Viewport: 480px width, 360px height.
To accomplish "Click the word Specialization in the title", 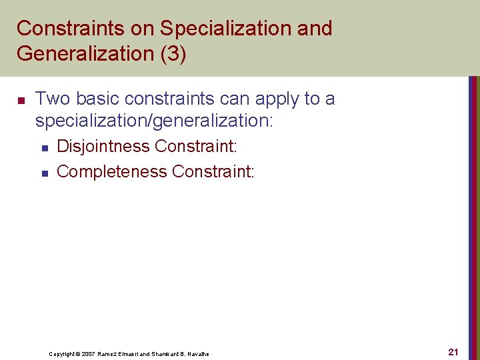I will [221, 29].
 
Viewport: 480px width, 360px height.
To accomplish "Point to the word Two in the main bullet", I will [53, 99].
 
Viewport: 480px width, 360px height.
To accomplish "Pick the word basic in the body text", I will [96, 99].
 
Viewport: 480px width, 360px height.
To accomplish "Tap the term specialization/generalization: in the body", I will [154, 121].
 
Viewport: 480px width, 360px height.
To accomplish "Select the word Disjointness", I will [103, 146].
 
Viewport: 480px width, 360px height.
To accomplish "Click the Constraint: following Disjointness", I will [195, 146].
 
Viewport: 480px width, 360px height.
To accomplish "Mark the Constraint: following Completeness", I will [213, 171].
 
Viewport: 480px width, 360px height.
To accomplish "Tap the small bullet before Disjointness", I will [44, 147].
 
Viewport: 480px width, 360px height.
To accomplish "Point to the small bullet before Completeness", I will [44, 173].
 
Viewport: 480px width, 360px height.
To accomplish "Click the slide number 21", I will [453, 351].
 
